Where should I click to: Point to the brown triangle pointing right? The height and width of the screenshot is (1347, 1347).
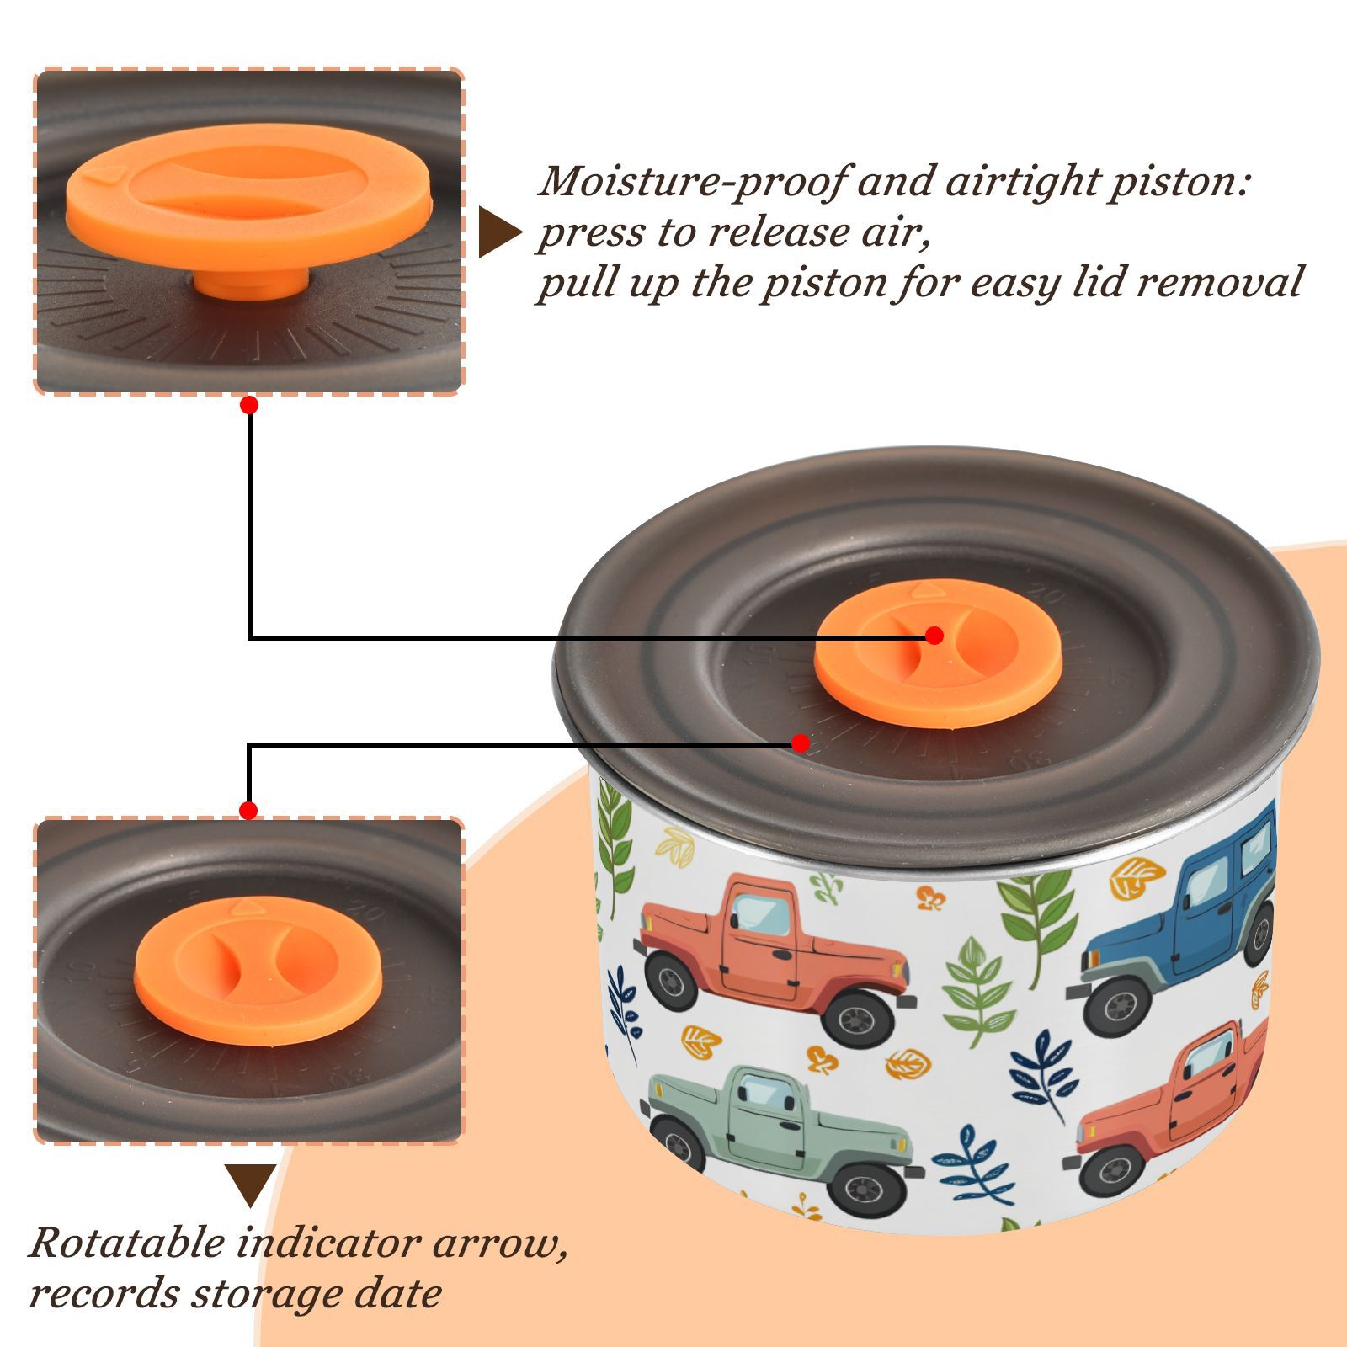point(498,232)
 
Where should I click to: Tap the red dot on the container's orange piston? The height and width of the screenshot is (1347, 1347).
point(934,636)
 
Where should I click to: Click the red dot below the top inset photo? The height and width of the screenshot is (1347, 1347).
point(248,405)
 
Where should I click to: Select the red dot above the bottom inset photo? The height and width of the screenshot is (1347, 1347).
point(248,811)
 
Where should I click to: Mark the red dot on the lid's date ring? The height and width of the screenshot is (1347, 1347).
point(801,743)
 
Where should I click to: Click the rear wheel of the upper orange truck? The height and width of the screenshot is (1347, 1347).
point(671,982)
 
